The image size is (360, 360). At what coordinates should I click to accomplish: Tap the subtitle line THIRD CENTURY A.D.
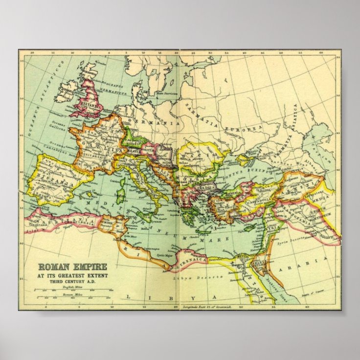pyautogui.click(x=72, y=283)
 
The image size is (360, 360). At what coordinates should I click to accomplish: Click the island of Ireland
pyautogui.click(x=64, y=92)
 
